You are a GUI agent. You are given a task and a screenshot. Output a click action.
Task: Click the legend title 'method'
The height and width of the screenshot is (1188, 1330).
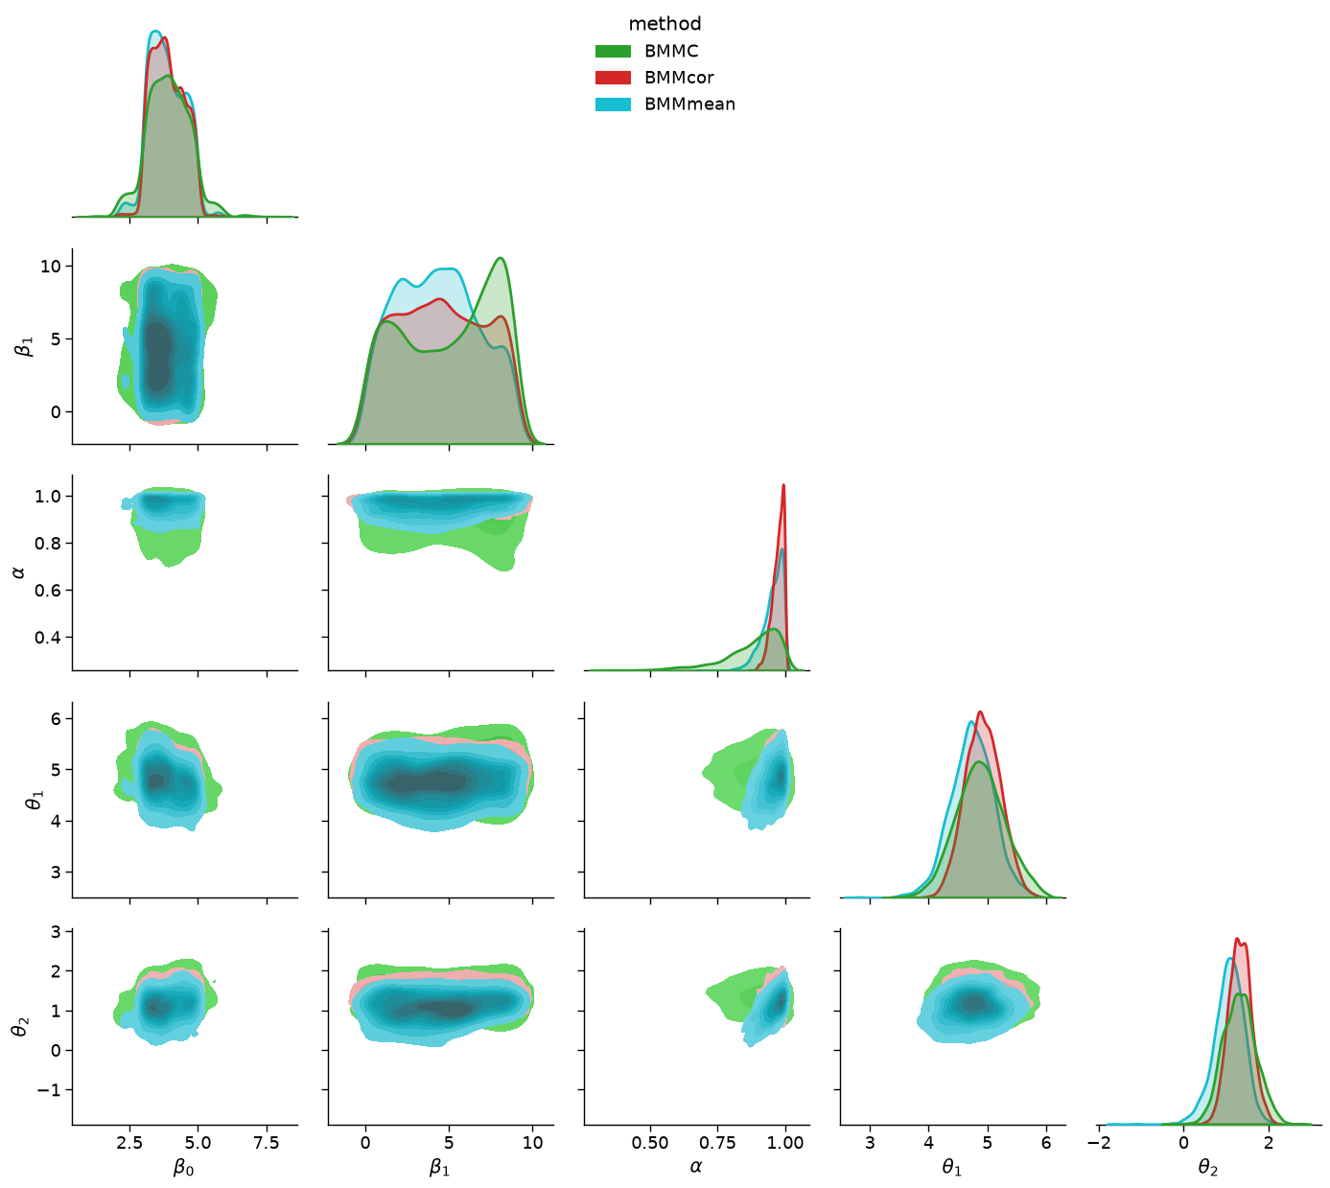pos(665,24)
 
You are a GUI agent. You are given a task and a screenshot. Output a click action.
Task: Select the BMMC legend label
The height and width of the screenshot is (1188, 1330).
pos(671,51)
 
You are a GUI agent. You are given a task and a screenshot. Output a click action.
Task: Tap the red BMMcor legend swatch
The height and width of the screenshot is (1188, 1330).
pos(613,78)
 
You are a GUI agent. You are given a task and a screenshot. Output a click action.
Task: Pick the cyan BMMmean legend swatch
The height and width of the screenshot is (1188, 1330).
pos(613,104)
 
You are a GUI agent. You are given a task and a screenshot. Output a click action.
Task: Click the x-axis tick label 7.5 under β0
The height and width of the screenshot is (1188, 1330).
pos(267,1143)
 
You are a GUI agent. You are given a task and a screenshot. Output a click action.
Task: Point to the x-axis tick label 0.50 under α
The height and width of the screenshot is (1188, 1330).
pos(650,1143)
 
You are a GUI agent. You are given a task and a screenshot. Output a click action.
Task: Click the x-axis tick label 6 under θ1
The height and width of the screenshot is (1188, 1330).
pos(1046,1143)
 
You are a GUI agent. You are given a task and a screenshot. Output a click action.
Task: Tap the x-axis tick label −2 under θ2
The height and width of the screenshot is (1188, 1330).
pos(1098,1143)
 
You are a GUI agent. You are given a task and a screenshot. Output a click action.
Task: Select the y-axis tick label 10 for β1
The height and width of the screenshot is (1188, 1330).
pos(51,266)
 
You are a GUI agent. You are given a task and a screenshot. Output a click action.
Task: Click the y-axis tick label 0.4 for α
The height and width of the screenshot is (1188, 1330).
pos(47,638)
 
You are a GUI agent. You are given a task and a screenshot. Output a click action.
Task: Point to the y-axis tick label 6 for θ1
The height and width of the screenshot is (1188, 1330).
pos(56,719)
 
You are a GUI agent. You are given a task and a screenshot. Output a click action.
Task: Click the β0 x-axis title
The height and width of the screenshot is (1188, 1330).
pos(183,1168)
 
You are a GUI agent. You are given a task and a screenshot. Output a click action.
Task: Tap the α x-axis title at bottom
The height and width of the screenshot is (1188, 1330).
pos(696,1166)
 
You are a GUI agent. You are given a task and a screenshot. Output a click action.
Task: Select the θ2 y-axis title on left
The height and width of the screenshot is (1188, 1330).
pos(20,1025)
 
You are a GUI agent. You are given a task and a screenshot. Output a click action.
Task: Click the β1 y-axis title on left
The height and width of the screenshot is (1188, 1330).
pos(23,345)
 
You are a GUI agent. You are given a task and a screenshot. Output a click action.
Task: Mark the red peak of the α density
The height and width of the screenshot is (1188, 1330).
pos(783,485)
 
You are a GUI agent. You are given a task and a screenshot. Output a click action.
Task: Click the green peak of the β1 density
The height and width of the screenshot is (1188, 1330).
pos(501,258)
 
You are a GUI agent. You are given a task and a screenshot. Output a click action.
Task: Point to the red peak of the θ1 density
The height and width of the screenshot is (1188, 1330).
pos(980,711)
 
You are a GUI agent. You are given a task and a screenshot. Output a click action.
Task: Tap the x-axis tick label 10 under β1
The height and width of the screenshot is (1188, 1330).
pos(532,1143)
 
